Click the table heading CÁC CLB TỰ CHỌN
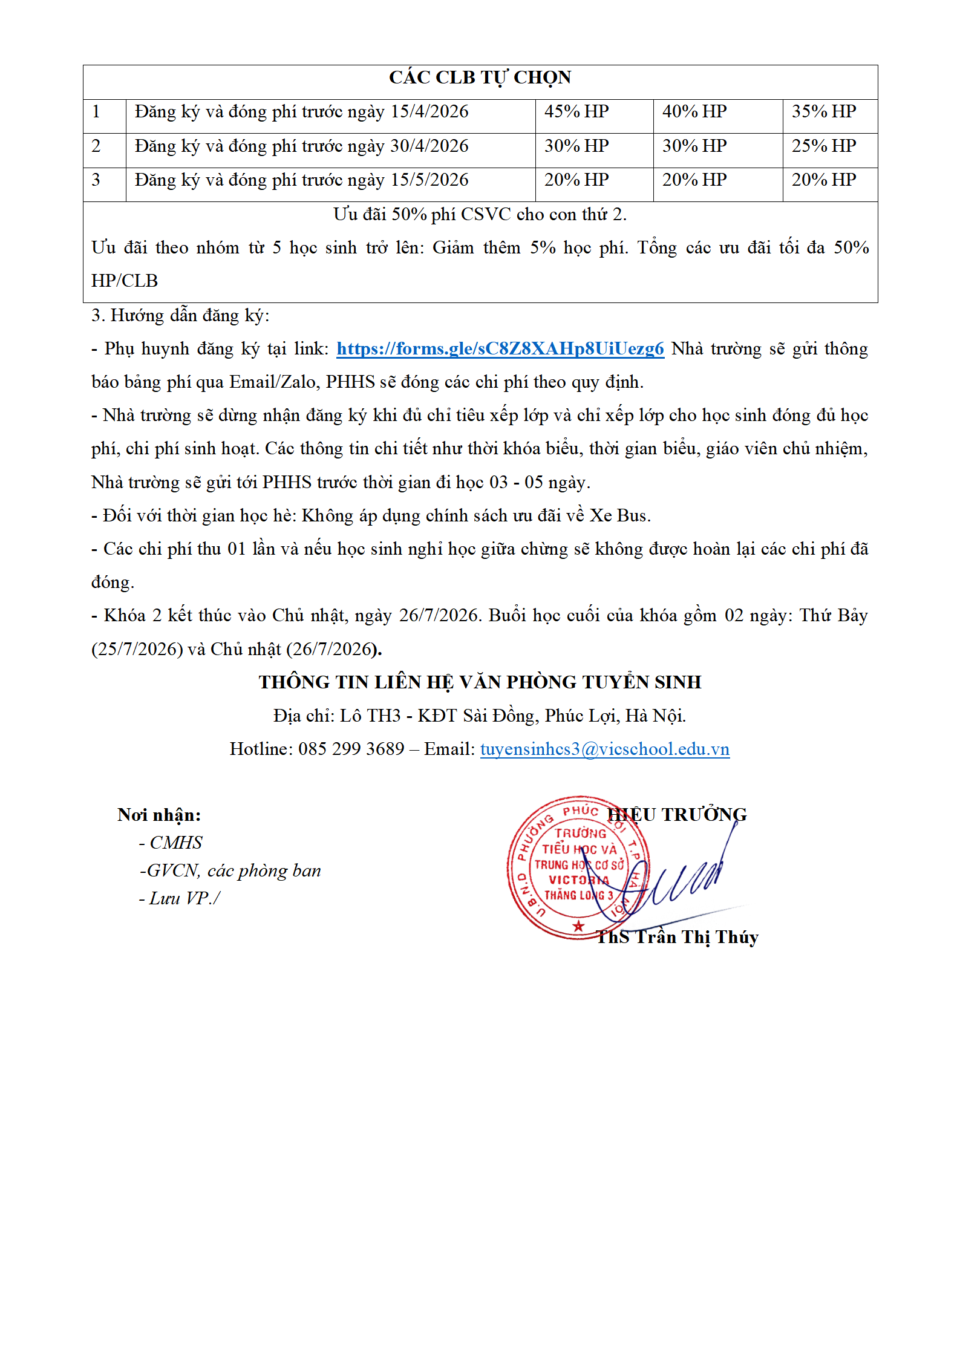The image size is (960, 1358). pyautogui.click(x=480, y=78)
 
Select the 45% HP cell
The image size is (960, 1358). pyautogui.click(x=576, y=112)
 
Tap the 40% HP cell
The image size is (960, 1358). pyautogui.click(x=694, y=112)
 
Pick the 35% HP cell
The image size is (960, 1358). pyautogui.click(x=823, y=112)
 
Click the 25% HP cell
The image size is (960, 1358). pyautogui.click(x=823, y=146)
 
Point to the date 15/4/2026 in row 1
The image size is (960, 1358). pyautogui.click(x=429, y=112)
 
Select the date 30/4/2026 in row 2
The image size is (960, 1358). pyautogui.click(x=429, y=146)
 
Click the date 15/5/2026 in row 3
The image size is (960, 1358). pyautogui.click(x=429, y=180)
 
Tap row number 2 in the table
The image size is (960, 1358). pyautogui.click(x=96, y=146)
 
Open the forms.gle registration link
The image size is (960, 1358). pyautogui.click(x=500, y=349)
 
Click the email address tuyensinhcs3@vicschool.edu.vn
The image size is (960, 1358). pyautogui.click(x=604, y=749)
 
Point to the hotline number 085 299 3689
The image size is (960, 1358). pyautogui.click(x=351, y=749)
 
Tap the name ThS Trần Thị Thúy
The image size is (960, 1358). pyautogui.click(x=678, y=937)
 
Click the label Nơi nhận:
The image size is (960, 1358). pyautogui.click(x=159, y=815)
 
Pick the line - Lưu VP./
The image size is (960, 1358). pyautogui.click(x=180, y=898)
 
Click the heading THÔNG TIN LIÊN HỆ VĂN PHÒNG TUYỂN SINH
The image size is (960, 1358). pyautogui.click(x=480, y=682)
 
